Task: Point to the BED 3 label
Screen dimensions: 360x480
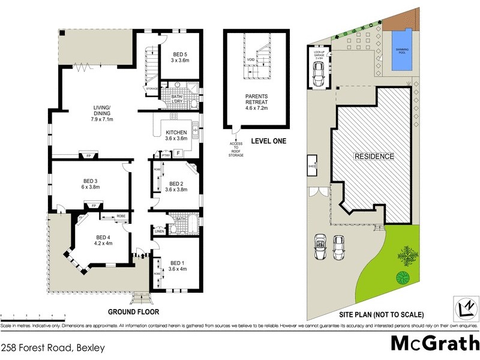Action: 95,182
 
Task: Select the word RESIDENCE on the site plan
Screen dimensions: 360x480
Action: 374,156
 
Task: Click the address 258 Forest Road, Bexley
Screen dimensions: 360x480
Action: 53,347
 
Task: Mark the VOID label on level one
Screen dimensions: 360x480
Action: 250,60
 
